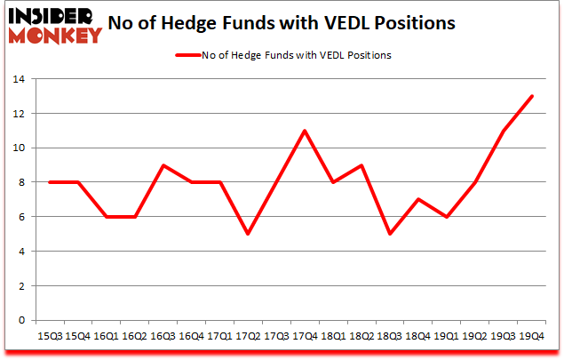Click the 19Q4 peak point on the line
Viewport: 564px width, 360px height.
click(x=532, y=96)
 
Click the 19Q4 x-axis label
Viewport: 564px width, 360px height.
click(x=532, y=337)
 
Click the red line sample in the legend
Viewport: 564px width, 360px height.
click(x=189, y=55)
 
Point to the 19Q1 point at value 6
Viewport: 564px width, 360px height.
click(x=446, y=217)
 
